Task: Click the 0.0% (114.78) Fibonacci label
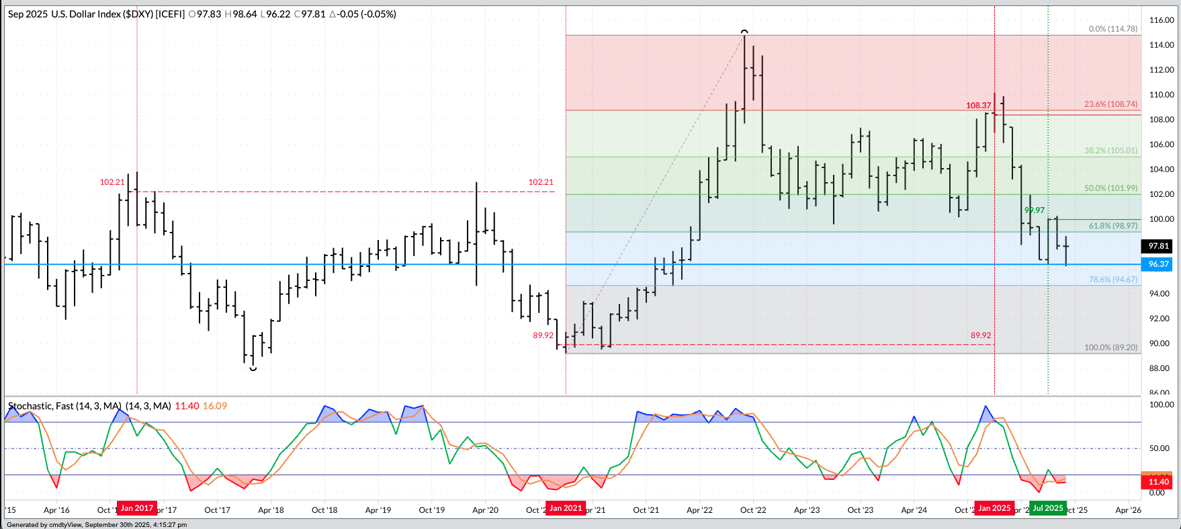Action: pos(1112,29)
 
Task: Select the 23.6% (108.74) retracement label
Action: pos(1110,104)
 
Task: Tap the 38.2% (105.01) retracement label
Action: pos(1110,151)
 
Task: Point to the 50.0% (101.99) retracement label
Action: pos(1110,188)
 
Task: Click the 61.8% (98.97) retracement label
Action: pos(1112,226)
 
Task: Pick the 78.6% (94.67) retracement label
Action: pos(1112,280)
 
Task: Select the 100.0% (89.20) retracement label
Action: pos(1110,348)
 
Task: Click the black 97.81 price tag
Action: pos(1159,246)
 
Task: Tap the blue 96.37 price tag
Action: pos(1159,264)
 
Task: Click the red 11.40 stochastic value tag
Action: pos(1159,481)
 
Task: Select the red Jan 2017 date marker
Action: pos(137,508)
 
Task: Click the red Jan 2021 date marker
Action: pos(566,508)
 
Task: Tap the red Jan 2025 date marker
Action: pos(994,508)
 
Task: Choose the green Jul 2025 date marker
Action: pos(1048,508)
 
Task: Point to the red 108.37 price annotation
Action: pos(978,106)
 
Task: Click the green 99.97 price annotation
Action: pos(1034,210)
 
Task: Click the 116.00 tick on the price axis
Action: pos(1162,20)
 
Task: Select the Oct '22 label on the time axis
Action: pos(753,510)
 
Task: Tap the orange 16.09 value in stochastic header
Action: pos(215,406)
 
